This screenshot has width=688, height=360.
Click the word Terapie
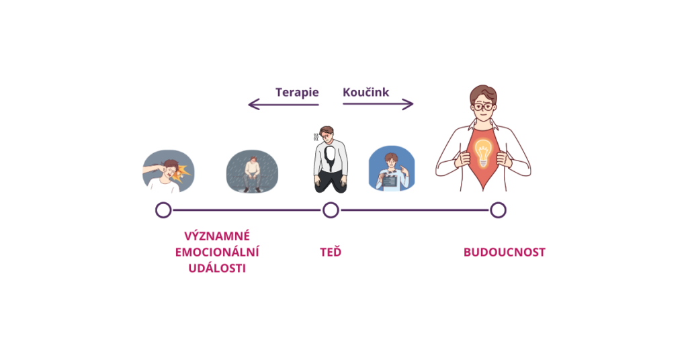pyautogui.click(x=297, y=93)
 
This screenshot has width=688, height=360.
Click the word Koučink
pyautogui.click(x=366, y=92)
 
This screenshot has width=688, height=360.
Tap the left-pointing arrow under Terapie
pyautogui.click(x=284, y=104)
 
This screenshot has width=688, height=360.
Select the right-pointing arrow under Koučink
pyautogui.click(x=378, y=104)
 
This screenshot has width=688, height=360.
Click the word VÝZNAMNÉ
pyautogui.click(x=217, y=236)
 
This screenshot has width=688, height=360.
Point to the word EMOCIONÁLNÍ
pyautogui.click(x=217, y=252)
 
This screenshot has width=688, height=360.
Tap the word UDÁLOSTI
pyautogui.click(x=217, y=269)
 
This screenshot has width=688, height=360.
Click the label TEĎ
pyautogui.click(x=331, y=252)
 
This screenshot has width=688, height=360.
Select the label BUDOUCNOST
pyautogui.click(x=505, y=252)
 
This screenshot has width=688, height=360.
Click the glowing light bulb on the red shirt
pyautogui.click(x=482, y=152)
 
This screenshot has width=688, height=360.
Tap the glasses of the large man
pyautogui.click(x=484, y=107)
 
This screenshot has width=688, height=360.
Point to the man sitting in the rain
pyautogui.click(x=252, y=174)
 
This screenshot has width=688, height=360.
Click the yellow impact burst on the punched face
pyautogui.click(x=182, y=173)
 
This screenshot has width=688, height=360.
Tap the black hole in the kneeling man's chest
pyautogui.click(x=330, y=157)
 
